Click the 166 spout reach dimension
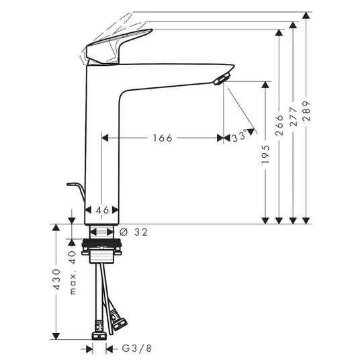[x=163, y=138]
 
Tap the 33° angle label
[x=240, y=136]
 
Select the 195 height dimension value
[x=265, y=154]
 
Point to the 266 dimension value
[x=279, y=125]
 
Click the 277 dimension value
[x=293, y=116]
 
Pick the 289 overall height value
[x=306, y=111]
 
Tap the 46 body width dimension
[x=102, y=210]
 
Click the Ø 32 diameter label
[x=134, y=232]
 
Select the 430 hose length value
[x=56, y=279]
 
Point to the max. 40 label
[x=73, y=273]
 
